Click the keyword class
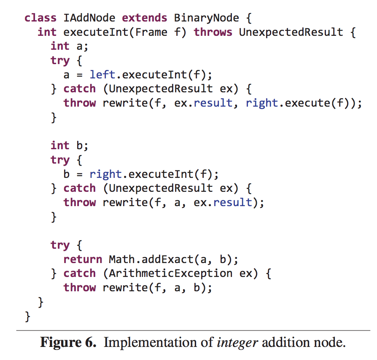coord(40,18)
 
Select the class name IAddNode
coord(89,18)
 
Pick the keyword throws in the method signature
coord(213,32)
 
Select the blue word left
coord(102,75)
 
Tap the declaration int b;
coord(69,145)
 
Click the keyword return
coord(83,259)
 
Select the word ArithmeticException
coord(171,274)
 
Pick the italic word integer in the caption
coord(237,342)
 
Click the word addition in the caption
coord(284,342)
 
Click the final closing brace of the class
coord(28,316)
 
